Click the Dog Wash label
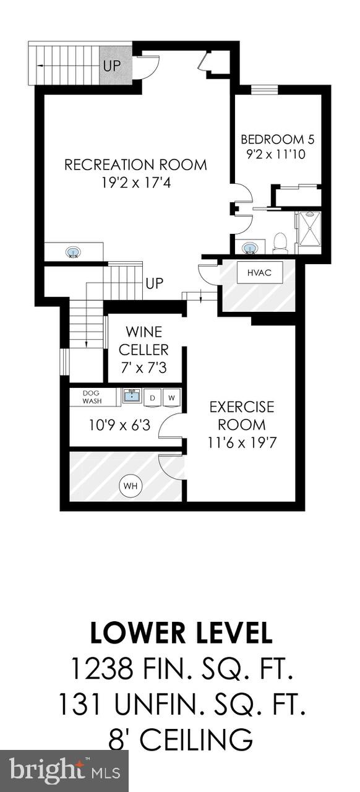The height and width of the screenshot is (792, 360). [91, 397]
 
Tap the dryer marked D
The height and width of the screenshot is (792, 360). [152, 397]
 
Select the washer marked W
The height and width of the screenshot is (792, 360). [171, 397]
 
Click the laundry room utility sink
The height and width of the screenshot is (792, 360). [131, 396]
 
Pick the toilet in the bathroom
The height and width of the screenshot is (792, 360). [280, 243]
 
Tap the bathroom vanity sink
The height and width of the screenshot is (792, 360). [250, 248]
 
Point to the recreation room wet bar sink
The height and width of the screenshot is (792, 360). [73, 252]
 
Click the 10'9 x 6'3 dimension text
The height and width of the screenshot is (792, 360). [115, 425]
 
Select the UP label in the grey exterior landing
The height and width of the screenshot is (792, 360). [112, 65]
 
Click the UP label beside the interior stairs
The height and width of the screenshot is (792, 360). [154, 284]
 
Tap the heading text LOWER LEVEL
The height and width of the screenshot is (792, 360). [180, 633]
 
